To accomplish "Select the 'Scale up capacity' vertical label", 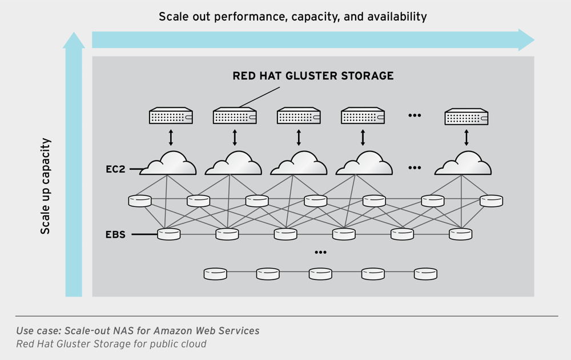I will (x=46, y=186).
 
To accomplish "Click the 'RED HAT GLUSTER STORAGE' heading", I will (x=313, y=76).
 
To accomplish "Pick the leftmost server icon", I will (x=171, y=117).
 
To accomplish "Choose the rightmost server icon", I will (x=467, y=117).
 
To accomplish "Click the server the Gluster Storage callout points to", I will (x=235, y=117).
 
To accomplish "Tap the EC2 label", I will (x=115, y=169).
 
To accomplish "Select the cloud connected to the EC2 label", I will (x=168, y=164).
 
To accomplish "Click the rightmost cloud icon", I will (x=463, y=164).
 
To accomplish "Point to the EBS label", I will (x=115, y=234).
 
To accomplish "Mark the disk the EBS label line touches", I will (x=168, y=234).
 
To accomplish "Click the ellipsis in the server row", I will (x=415, y=115).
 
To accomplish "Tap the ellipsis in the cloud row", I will (x=415, y=168).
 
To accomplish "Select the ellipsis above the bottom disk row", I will (x=320, y=252).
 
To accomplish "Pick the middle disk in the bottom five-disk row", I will (x=320, y=274).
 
